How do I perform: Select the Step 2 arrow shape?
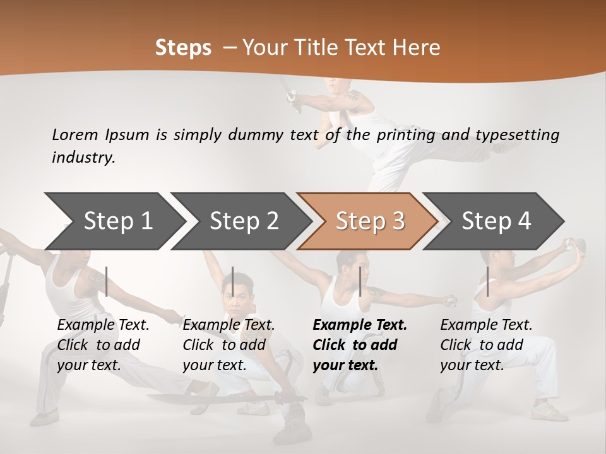click(x=240, y=221)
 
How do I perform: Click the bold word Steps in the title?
click(x=183, y=48)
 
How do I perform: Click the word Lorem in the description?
click(x=75, y=134)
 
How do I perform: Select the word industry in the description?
click(x=83, y=158)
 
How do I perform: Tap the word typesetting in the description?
click(x=518, y=134)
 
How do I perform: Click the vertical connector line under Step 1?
click(x=107, y=281)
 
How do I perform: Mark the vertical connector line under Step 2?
click(x=233, y=281)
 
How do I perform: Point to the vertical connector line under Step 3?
click(x=360, y=281)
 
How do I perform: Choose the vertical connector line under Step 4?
click(x=487, y=281)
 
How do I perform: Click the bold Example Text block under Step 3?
click(x=360, y=345)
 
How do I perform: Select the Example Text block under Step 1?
click(x=103, y=345)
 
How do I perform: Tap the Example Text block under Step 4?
click(x=486, y=345)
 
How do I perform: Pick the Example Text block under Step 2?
click(x=229, y=345)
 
